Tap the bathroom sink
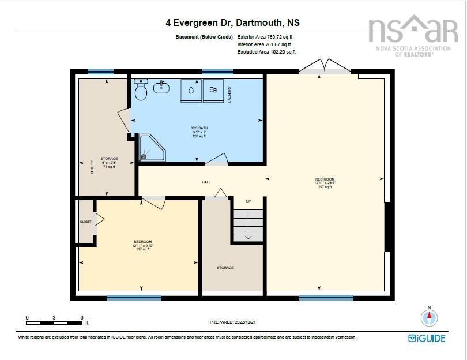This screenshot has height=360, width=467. pos(161,88)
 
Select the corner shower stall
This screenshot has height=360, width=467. pos(152,148)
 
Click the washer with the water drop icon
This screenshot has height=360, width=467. pos(191,89)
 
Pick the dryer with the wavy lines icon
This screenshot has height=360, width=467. pos(212,89)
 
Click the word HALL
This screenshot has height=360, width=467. pos(206,182)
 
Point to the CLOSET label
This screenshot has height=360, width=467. pos(85,222)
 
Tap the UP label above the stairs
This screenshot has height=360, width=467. pos(248,201)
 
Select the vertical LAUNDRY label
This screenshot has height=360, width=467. pos(229,93)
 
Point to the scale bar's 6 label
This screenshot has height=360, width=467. pos(82,317)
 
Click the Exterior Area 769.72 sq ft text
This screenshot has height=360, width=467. pos(265,37)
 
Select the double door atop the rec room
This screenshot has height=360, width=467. pos(325,65)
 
